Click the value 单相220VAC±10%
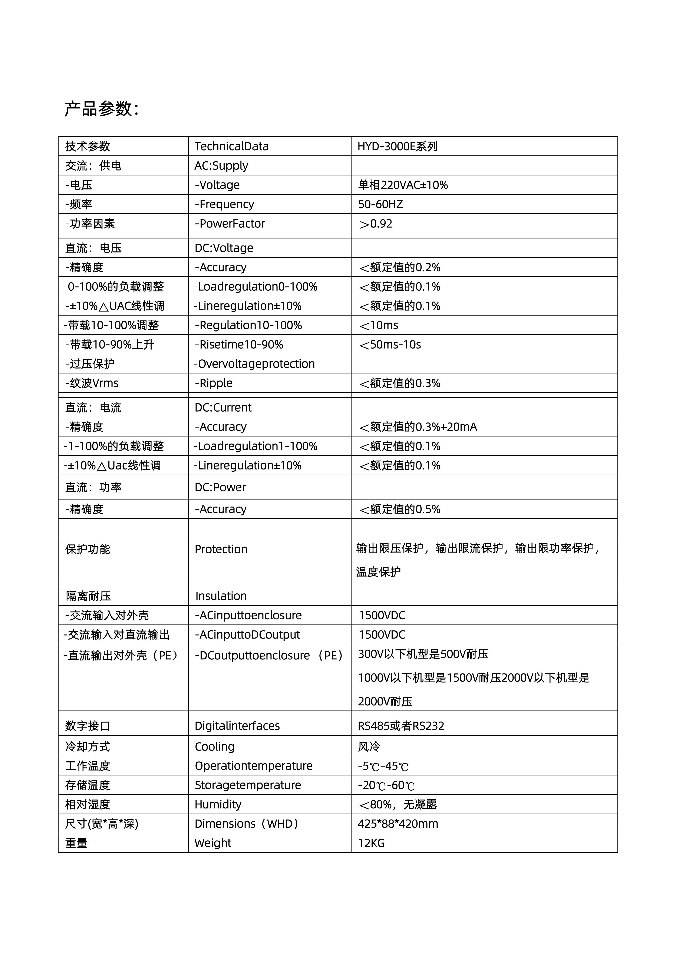pyautogui.click(x=403, y=185)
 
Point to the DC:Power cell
pyautogui.click(x=220, y=487)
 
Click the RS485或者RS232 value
pyautogui.click(x=401, y=726)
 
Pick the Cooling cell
pyautogui.click(x=214, y=746)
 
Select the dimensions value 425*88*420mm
pyautogui.click(x=398, y=824)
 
